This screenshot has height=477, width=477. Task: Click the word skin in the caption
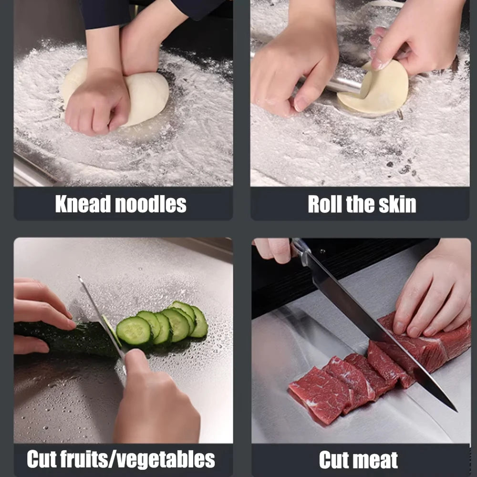coord(396,204)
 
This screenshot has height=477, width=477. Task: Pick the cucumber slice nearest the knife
coord(133,331)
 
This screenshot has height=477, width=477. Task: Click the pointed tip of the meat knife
coord(454,409)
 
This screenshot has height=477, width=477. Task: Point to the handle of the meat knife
coord(301,250)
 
